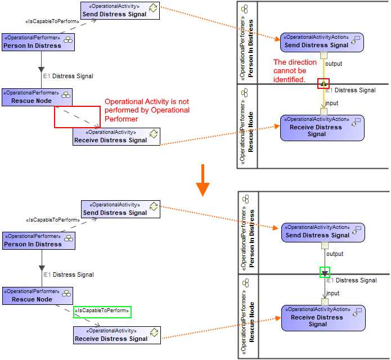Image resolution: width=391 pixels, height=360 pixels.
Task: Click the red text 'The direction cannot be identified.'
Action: point(295,70)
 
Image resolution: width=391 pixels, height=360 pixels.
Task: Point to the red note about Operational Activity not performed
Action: point(147,110)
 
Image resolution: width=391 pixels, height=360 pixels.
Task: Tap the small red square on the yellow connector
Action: point(323,83)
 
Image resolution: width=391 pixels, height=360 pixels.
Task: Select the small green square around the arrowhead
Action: point(325,272)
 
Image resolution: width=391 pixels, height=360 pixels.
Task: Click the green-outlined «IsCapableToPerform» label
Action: point(102,312)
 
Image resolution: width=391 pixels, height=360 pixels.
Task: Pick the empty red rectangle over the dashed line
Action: point(77,116)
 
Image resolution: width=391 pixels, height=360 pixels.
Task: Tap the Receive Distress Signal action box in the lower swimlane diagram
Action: point(323,318)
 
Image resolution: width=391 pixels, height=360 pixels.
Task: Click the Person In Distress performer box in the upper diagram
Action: point(38,42)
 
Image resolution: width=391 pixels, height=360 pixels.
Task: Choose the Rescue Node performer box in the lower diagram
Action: point(38,296)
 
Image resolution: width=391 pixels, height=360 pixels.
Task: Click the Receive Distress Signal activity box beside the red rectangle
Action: point(116,137)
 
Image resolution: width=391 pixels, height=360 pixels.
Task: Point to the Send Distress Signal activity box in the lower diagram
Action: point(120,209)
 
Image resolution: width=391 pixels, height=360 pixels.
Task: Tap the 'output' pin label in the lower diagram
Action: point(336,254)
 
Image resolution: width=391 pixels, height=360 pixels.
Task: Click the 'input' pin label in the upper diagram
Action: point(332,103)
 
